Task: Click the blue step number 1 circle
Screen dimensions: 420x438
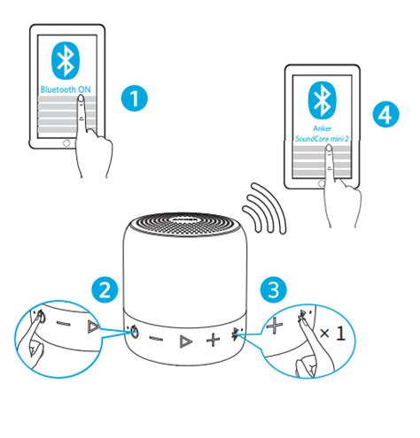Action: pos(135,98)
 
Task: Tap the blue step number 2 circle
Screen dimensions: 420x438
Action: pos(105,289)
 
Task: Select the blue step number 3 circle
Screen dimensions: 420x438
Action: pos(274,289)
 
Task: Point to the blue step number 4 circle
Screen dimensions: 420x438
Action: pos(385,114)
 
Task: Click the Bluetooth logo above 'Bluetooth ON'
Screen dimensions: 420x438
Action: pos(66,60)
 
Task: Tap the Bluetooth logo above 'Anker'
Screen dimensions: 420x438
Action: pos(322,100)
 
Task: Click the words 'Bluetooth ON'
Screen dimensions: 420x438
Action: pos(66,89)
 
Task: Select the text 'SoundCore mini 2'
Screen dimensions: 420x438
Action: pos(322,138)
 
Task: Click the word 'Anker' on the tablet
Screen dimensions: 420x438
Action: pos(323,128)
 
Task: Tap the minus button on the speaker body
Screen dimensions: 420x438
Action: pos(156,338)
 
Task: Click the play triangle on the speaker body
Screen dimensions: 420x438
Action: pos(186,342)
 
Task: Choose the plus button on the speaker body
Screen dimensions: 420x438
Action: pos(213,340)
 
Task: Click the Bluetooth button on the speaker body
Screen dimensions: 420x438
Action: pos(236,334)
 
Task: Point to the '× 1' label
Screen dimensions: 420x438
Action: pos(332,334)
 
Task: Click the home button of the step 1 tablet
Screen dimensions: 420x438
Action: pos(66,143)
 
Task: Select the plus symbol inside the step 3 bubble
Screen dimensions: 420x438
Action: pos(275,326)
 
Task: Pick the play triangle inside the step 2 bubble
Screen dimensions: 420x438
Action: pos(93,327)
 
